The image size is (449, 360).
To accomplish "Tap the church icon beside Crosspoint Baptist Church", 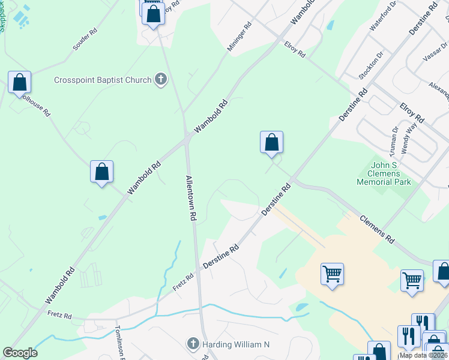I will point(160,79).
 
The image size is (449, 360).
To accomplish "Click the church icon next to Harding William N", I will point(193,344).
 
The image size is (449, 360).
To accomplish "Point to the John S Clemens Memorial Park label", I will point(384,173).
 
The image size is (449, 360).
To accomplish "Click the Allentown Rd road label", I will point(191,199).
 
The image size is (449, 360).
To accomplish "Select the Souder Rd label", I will point(85,39).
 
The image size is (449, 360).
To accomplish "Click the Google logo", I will point(20,353).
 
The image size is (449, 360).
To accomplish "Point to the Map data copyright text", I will point(424,355).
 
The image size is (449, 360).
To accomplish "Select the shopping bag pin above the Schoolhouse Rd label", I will point(20,83).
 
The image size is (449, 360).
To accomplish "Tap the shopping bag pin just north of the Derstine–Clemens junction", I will point(271,143).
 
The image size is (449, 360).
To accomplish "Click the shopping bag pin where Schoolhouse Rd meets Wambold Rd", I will point(102,172).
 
